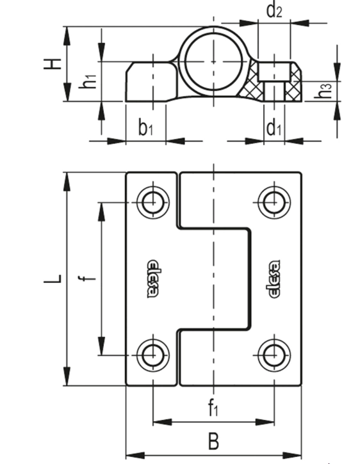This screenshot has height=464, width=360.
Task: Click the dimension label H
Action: click(53, 63)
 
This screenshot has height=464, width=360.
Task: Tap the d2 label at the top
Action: click(274, 10)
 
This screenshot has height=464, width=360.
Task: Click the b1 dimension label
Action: click(145, 128)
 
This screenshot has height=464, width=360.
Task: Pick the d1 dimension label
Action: click(274, 128)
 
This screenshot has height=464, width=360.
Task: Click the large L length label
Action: click(53, 278)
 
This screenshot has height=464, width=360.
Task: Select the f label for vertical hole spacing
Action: click(86, 278)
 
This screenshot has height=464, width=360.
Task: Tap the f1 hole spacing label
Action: click(213, 408)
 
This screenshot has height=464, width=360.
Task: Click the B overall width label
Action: click(213, 441)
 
